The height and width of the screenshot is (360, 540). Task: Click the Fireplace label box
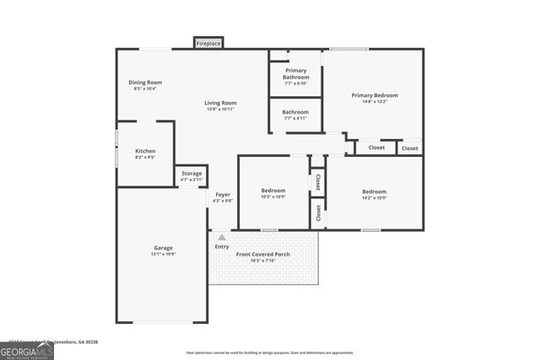click(x=208, y=42)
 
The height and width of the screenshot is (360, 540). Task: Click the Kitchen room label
click(x=145, y=151)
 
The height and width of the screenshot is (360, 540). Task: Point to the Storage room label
click(x=192, y=174)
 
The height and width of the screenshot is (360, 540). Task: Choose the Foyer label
click(x=223, y=195)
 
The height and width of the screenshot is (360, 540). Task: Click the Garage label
click(x=163, y=248)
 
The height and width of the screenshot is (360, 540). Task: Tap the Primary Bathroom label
click(x=295, y=73)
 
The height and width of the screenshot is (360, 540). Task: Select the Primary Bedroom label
click(x=374, y=95)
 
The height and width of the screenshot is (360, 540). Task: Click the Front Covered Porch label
click(x=262, y=254)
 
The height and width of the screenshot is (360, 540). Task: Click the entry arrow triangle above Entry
click(x=222, y=238)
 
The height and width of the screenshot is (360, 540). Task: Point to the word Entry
click(x=222, y=247)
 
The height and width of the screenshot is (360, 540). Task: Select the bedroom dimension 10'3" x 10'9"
click(x=273, y=197)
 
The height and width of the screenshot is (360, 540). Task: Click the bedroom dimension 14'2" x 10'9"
click(x=374, y=197)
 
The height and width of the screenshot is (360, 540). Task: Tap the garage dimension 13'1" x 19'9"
click(x=163, y=255)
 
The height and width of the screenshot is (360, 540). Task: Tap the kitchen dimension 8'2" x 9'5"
click(x=145, y=158)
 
